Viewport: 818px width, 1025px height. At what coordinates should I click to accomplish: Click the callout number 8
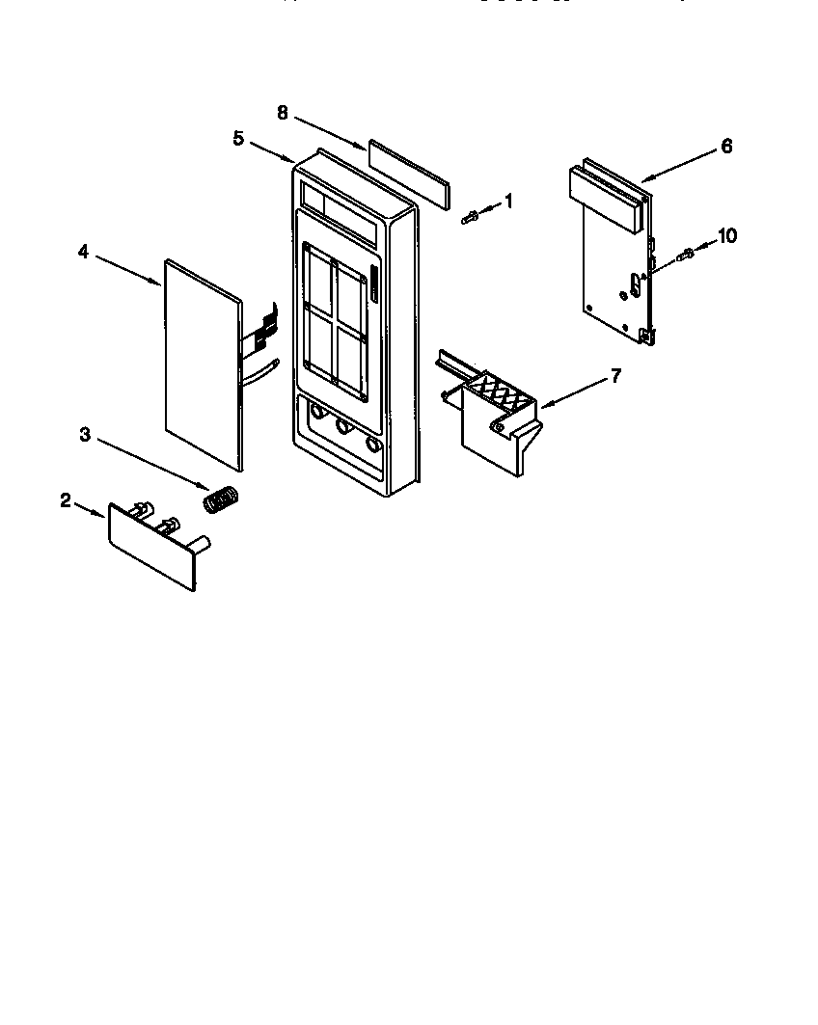[283, 113]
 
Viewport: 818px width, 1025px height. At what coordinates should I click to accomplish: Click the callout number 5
[238, 138]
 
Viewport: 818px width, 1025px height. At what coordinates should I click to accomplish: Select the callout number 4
[83, 252]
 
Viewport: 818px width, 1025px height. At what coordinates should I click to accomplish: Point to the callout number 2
[66, 499]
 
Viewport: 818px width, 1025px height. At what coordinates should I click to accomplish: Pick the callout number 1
[508, 202]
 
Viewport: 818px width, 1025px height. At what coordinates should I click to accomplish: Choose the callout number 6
[726, 146]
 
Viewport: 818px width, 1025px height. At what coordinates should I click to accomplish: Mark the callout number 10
[727, 235]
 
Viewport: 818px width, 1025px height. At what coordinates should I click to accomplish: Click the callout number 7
[615, 374]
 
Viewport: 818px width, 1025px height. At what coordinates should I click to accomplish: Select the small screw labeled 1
[472, 217]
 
